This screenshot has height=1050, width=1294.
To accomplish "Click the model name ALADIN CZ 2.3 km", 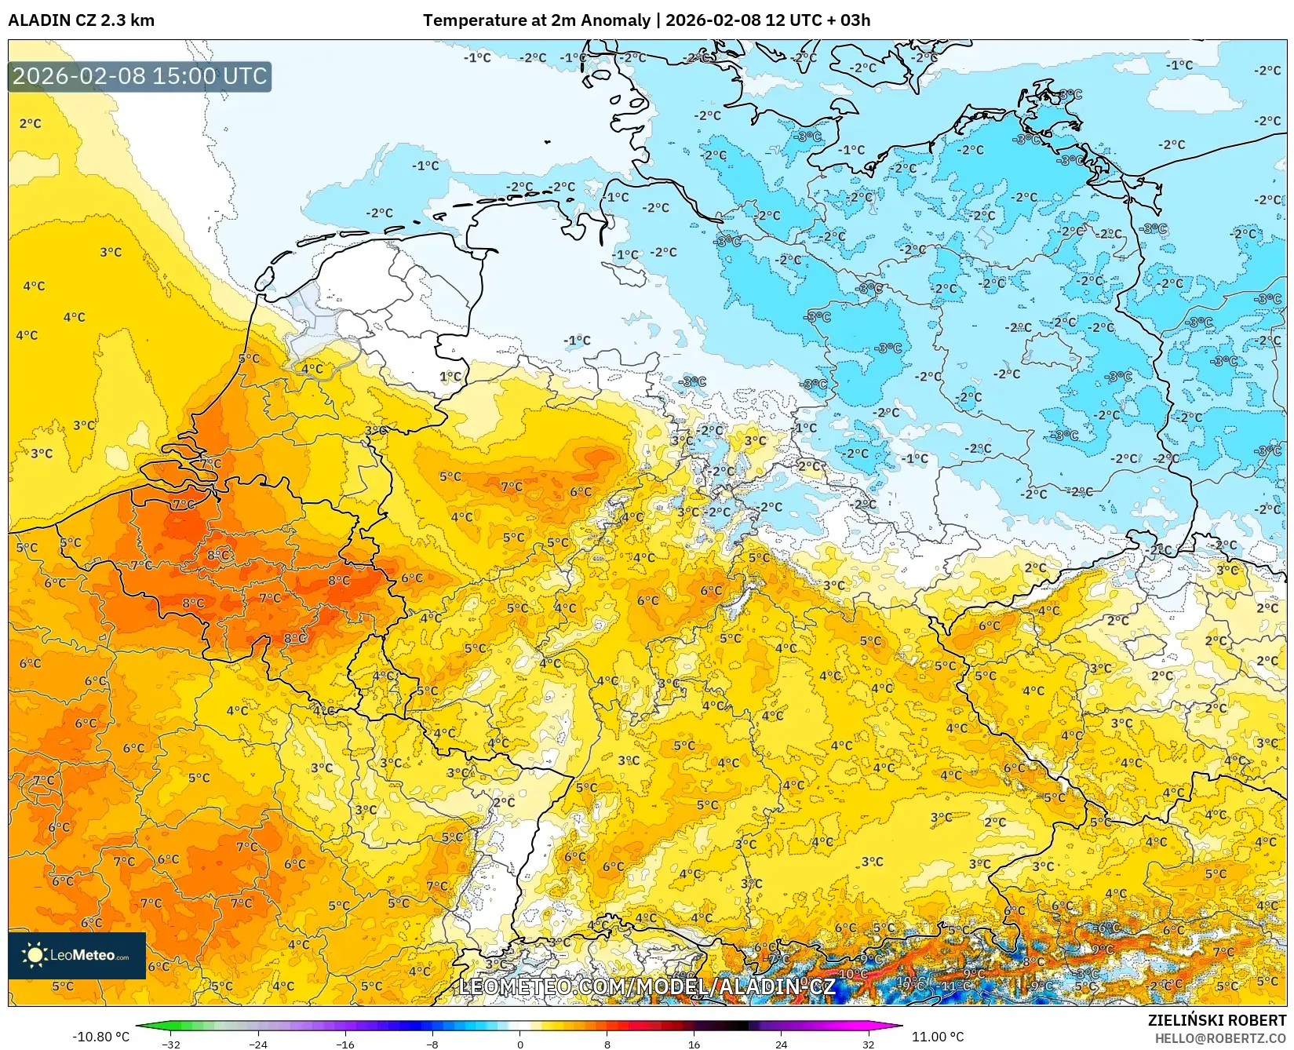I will [81, 20].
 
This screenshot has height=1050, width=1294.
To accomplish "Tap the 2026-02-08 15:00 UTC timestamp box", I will [140, 76].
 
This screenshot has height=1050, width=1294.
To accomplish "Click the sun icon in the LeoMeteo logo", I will [35, 955].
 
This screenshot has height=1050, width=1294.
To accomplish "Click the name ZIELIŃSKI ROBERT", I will [1216, 1020].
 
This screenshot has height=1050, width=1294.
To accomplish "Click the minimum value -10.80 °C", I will [100, 1037].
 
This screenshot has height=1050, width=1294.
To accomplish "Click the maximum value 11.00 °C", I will [937, 1037].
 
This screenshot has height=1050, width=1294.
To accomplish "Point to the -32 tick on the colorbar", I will [171, 1044].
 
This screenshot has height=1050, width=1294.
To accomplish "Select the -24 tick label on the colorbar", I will [258, 1044].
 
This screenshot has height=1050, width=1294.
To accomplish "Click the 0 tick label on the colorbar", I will [519, 1044].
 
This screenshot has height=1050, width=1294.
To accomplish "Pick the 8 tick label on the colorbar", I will [607, 1044].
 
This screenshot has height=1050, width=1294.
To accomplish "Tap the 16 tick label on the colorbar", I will [694, 1044].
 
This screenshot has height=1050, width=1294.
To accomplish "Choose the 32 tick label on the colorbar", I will [868, 1044].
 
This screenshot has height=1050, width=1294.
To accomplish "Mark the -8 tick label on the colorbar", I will [432, 1044].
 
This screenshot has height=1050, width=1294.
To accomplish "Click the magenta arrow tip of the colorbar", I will [897, 1026].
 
